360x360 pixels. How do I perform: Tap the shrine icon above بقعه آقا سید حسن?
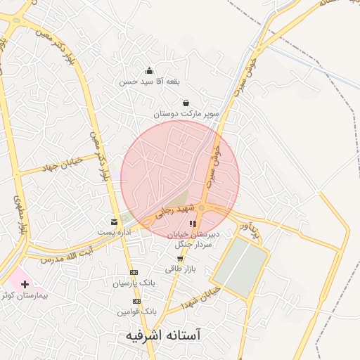point(149,70)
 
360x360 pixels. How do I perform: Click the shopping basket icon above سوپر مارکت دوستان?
point(186,103)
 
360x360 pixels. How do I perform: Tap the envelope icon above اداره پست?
point(114,222)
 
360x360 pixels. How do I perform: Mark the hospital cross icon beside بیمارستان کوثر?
point(26,285)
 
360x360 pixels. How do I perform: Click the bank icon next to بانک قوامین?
point(135,301)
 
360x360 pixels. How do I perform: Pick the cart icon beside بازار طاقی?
point(181,259)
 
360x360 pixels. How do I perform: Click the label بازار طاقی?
point(179,269)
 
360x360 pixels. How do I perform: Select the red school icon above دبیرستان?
point(193,224)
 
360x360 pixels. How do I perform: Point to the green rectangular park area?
point(240,267)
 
